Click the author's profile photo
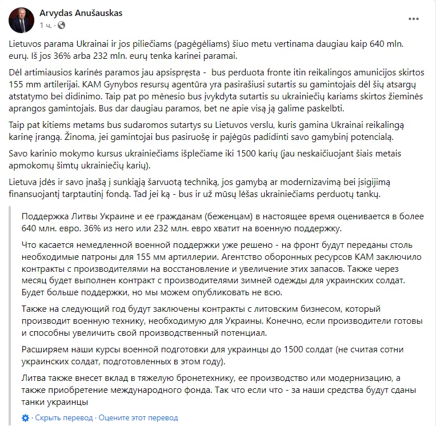[21, 20]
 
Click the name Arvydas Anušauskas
[81, 13]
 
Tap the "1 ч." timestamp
[47, 25]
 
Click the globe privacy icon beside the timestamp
[61, 25]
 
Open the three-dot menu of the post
[414, 19]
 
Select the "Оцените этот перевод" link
[130, 418]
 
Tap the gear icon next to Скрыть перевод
[25, 418]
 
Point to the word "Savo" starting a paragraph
[19, 154]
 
